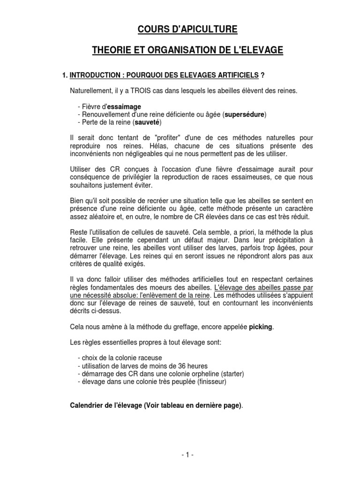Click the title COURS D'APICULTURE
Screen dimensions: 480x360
point(180,30)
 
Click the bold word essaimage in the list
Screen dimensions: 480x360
point(125,106)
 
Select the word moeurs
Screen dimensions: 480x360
point(179,287)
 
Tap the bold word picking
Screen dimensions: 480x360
point(260,326)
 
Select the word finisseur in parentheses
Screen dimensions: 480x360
point(212,382)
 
